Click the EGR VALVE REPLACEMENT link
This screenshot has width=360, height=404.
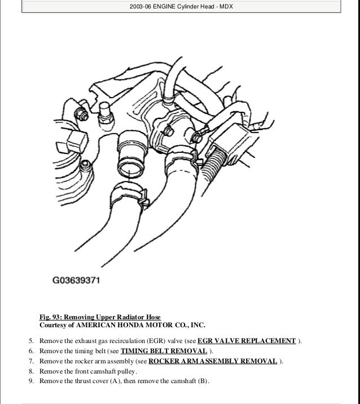tap(247, 341)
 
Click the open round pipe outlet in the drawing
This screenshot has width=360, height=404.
tap(128, 166)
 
